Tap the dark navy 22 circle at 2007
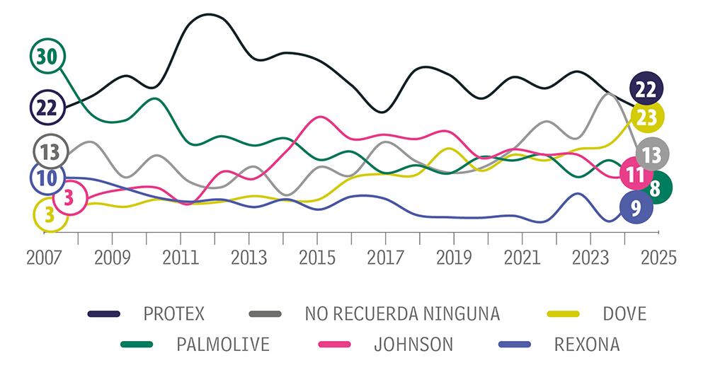click(x=47, y=108)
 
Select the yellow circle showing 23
click(x=646, y=117)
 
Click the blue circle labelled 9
click(x=635, y=208)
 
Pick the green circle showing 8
click(x=655, y=188)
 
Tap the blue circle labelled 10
click(x=47, y=178)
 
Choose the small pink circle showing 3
click(x=69, y=198)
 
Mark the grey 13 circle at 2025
click(x=651, y=154)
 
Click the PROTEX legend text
click(x=173, y=313)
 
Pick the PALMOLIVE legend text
click(x=223, y=345)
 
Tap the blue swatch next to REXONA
click(x=518, y=345)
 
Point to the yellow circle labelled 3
click(x=50, y=214)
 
